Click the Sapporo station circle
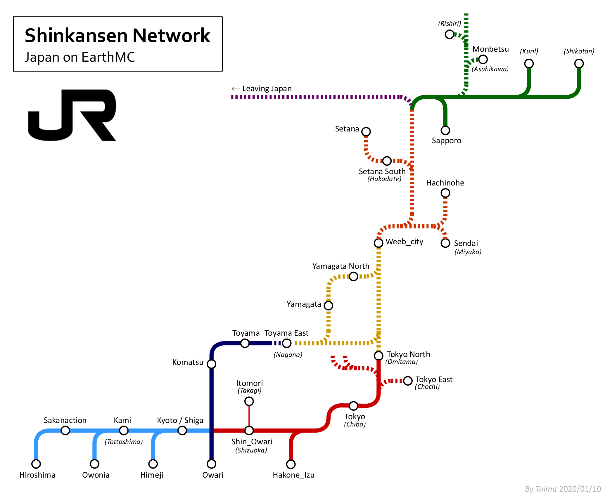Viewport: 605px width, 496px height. (x=445, y=130)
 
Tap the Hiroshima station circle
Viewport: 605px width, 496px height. (x=36, y=464)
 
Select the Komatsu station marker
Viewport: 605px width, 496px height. (x=211, y=364)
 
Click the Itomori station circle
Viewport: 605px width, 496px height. (x=249, y=401)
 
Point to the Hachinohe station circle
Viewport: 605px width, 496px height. (x=445, y=193)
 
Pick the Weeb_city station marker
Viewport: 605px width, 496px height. (x=378, y=243)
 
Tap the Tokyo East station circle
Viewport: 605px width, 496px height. (x=408, y=381)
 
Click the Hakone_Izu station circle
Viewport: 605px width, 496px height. (x=291, y=464)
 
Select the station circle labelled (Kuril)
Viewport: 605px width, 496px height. (x=529, y=63)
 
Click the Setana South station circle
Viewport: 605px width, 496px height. (x=387, y=161)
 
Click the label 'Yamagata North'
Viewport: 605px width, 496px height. (x=341, y=266)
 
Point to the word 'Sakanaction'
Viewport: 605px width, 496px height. (x=65, y=420)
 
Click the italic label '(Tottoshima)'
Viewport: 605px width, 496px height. (x=124, y=442)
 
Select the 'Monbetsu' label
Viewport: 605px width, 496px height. (x=490, y=49)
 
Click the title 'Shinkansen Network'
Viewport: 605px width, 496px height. (x=117, y=36)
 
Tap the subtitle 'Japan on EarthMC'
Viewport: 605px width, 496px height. (x=79, y=57)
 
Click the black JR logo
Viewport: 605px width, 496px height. (x=72, y=115)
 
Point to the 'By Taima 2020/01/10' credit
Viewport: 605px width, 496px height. (x=563, y=489)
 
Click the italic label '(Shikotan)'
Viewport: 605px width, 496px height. (x=579, y=51)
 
